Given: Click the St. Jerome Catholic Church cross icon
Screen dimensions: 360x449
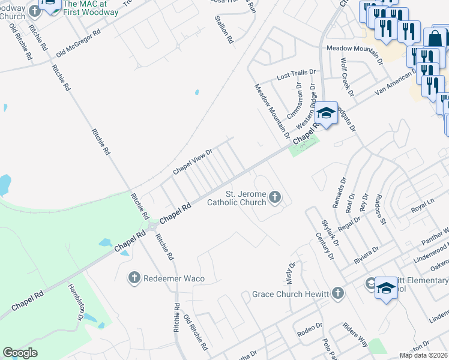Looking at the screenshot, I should pyautogui.click(x=275, y=197).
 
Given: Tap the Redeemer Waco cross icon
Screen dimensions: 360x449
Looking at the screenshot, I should pyautogui.click(x=134, y=277).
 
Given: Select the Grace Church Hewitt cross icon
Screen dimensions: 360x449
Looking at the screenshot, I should pyautogui.click(x=338, y=293).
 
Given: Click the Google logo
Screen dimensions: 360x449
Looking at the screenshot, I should pyautogui.click(x=20, y=353).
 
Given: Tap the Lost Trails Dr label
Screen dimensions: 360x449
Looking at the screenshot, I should pyautogui.click(x=295, y=76).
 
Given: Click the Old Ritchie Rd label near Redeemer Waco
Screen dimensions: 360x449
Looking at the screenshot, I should pyautogui.click(x=196, y=332).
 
